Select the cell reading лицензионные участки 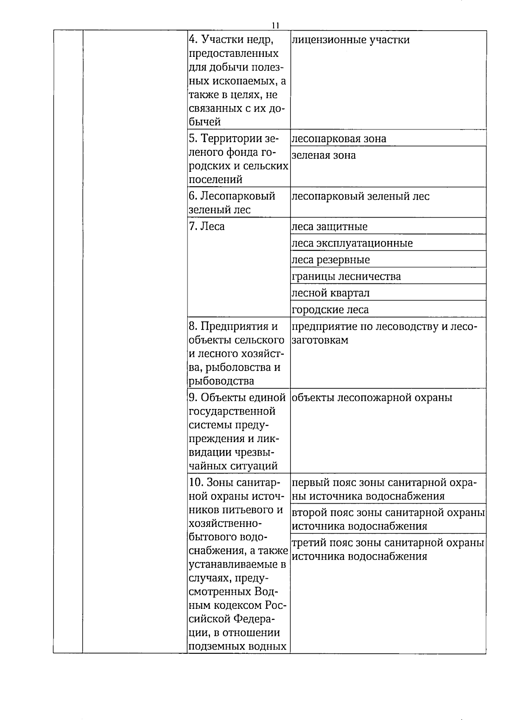pos(351,40)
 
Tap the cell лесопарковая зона pos(339,139)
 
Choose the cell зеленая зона pos(324,155)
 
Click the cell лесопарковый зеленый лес pos(361,196)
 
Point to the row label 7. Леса pos(207,227)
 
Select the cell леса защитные pos(330,227)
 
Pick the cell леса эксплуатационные pos(352,244)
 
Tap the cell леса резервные pos(331,260)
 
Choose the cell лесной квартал pos(331,293)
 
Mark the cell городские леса pos(330,310)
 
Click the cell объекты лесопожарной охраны pos(372,398)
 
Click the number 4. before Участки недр pos(193,40)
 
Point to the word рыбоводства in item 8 pos(221,381)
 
